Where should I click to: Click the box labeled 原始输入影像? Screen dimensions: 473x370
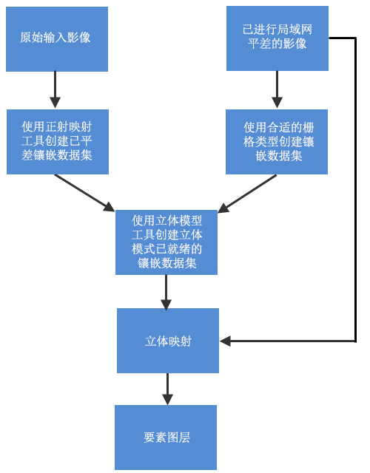coord(56,38)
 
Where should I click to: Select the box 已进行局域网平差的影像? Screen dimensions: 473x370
coord(277,38)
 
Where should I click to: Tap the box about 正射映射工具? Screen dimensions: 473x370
coord(57,142)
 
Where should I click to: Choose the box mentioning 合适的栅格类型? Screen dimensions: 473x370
coord(277,142)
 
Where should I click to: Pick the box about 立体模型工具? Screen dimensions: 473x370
coord(166,242)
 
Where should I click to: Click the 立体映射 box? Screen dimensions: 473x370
coord(168,341)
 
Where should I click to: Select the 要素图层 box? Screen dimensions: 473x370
coord(166,438)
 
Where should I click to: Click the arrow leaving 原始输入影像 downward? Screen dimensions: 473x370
coord(54,90)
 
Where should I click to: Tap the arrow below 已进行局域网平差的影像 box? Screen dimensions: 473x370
coord(277,90)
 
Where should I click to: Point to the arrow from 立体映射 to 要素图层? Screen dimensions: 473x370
coord(167,389)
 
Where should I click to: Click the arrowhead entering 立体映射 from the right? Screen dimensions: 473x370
coord(226,341)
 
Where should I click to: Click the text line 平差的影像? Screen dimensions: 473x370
coord(277,44)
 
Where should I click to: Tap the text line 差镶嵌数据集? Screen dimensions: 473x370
coord(57,156)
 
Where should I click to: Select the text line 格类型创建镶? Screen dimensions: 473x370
coord(279,142)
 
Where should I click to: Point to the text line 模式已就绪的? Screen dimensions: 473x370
coord(166,248)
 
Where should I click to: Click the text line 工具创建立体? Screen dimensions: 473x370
coord(166,234)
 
